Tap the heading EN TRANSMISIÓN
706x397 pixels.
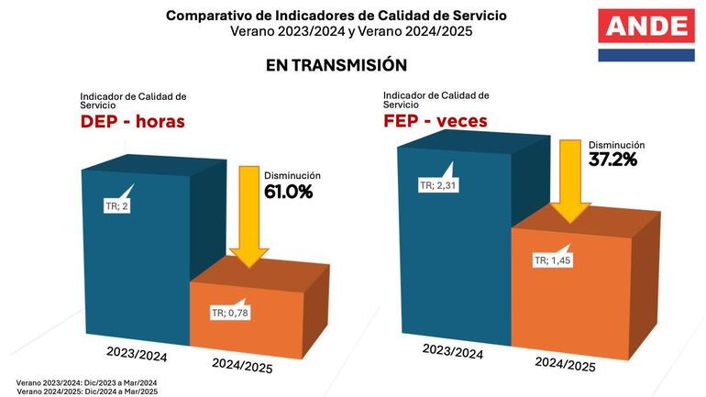point(336,66)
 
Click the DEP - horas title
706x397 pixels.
point(132,122)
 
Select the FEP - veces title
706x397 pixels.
point(436,121)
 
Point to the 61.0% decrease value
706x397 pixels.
point(288,192)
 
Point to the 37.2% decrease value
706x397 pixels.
point(612,159)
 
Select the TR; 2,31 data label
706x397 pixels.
point(438,185)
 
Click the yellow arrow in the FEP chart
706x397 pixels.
point(570,179)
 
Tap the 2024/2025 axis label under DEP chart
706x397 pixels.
point(242,366)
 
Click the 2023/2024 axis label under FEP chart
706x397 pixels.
point(453,352)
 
